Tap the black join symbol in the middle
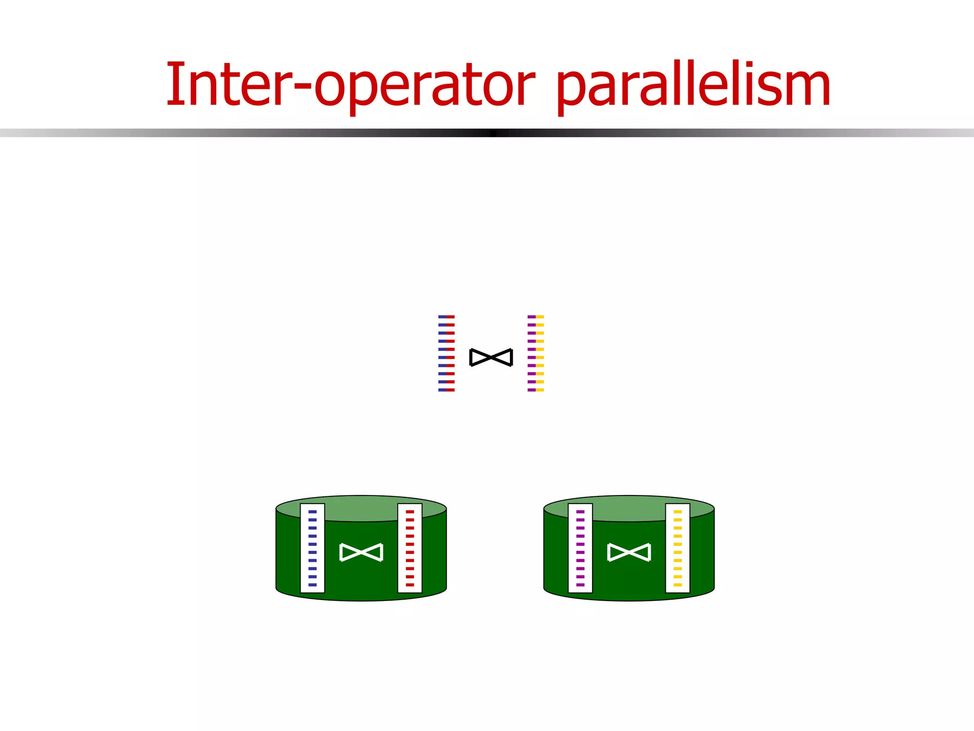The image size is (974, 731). pos(491,357)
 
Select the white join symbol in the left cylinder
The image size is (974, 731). pos(361,552)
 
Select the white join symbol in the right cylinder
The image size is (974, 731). pos(629,552)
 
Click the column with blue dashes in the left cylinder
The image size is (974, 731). pos(312,548)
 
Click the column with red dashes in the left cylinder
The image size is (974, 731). pos(410,548)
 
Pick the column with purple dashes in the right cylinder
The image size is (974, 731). pos(580,548)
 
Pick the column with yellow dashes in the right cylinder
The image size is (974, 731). pos(678,548)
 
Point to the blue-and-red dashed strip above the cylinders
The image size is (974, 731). pos(446,353)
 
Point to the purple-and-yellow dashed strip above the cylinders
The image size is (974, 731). pos(536,353)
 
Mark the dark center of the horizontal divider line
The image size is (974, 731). pos(493,133)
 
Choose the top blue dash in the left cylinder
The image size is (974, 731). pos(312,512)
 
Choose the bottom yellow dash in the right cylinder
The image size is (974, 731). pos(678,584)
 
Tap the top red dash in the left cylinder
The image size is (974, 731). pos(410,512)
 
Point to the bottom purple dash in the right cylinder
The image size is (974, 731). pos(580,584)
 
